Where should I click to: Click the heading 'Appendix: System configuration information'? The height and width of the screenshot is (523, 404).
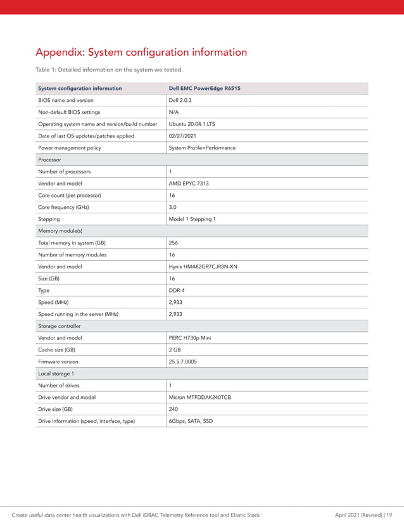tap(141, 52)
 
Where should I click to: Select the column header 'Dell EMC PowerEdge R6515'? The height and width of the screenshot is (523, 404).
tap(204, 88)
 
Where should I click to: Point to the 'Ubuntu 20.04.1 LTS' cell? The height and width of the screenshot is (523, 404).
tap(192, 124)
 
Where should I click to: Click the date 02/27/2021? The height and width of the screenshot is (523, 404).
tap(182, 135)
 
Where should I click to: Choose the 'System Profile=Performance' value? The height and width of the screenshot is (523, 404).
tap(202, 148)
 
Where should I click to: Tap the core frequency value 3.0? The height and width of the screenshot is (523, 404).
tap(172, 207)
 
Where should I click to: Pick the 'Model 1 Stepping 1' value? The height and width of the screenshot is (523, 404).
tap(192, 219)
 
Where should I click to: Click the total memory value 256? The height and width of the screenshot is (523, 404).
tap(174, 243)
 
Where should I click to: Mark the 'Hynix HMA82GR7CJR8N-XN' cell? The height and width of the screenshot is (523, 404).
tap(203, 267)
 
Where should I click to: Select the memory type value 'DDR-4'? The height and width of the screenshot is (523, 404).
tap(177, 290)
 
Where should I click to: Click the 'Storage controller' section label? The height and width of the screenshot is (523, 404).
tap(60, 326)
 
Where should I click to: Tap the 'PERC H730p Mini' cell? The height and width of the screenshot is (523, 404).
tap(190, 338)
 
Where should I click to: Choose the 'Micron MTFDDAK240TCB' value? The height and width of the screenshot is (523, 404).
tap(199, 397)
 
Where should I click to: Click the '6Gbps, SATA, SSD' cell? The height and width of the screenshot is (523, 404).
tap(191, 421)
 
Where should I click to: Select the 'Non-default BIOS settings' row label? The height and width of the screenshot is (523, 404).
tap(69, 112)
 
